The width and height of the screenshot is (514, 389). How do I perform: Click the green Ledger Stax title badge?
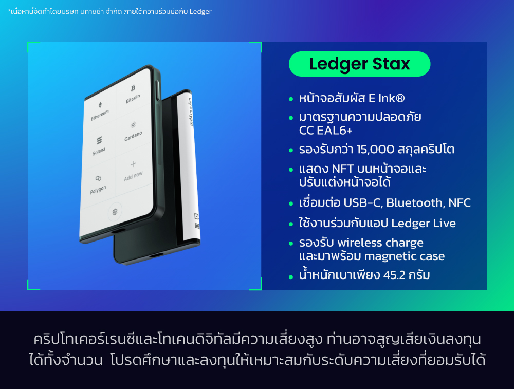click(x=359, y=64)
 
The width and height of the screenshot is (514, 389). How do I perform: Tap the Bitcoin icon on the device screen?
click(x=133, y=88)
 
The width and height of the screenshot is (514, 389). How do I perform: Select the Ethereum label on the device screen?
click(x=100, y=115)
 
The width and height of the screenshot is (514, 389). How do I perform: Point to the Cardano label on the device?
click(x=133, y=137)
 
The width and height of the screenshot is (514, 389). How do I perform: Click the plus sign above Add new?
click(x=133, y=164)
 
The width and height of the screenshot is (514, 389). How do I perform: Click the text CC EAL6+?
click(x=325, y=131)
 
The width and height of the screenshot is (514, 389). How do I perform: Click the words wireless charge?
click(x=380, y=243)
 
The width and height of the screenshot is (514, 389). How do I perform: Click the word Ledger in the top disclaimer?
click(x=200, y=11)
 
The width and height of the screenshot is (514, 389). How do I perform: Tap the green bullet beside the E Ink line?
click(x=292, y=98)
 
